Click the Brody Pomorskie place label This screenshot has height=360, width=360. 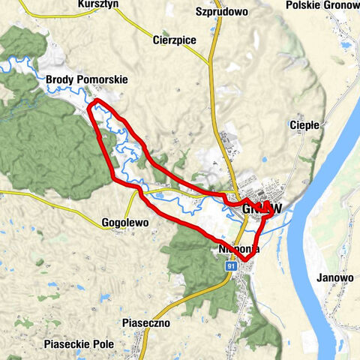pyautogui.click(x=86, y=79)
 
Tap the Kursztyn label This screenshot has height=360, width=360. pyautogui.click(x=100, y=4)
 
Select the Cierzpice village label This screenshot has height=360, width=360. pyautogui.click(x=174, y=40)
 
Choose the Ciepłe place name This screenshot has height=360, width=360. pyautogui.click(x=304, y=124)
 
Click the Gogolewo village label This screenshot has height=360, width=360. pyautogui.click(x=124, y=223)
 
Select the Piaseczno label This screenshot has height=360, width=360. pyautogui.click(x=145, y=322)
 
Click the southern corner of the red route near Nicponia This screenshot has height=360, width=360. pyautogui.click(x=244, y=260)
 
